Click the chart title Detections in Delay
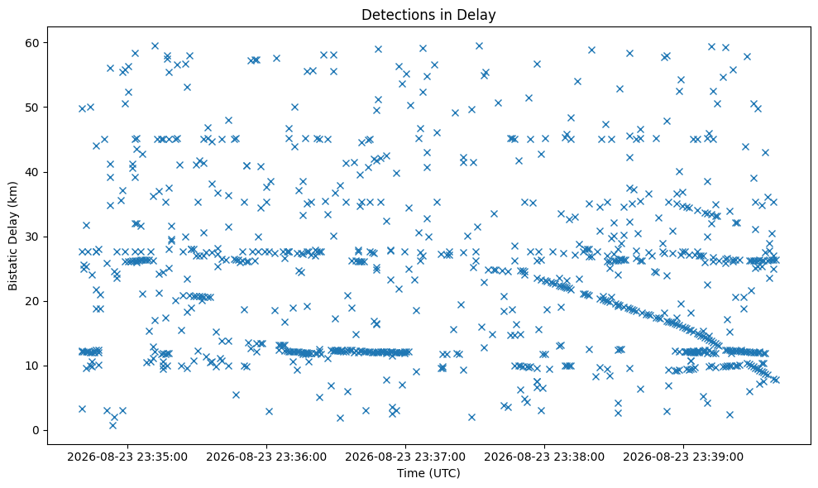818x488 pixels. [x=428, y=15]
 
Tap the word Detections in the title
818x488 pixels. [x=395, y=15]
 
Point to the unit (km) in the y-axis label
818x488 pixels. [x=12, y=193]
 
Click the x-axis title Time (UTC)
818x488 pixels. [x=428, y=473]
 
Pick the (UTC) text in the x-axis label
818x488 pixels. [x=444, y=473]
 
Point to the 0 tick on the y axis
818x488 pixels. [x=37, y=431]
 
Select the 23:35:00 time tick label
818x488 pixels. [x=127, y=457]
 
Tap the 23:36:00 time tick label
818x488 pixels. [x=266, y=457]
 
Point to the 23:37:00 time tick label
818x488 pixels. [x=405, y=457]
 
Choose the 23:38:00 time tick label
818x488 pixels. [x=544, y=457]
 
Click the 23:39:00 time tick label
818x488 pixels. [x=683, y=457]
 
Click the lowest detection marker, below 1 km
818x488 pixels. [x=112, y=425]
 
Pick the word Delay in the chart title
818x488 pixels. [x=479, y=15]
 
